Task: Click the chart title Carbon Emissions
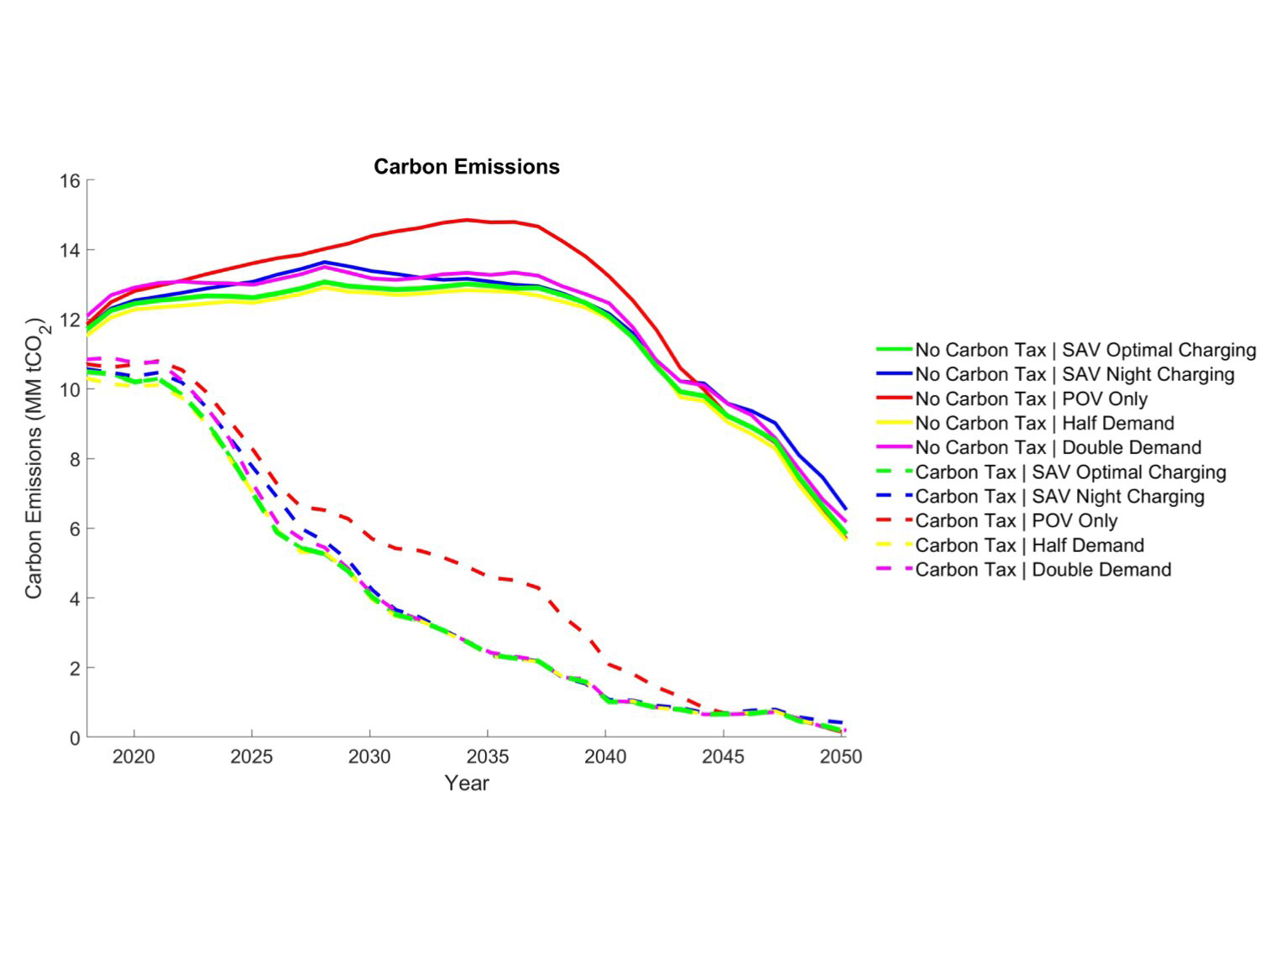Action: (x=466, y=167)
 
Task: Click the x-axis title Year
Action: (x=466, y=783)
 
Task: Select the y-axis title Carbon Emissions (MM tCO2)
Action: (x=34, y=458)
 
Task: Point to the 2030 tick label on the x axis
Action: (x=369, y=757)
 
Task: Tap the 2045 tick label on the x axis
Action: (x=723, y=757)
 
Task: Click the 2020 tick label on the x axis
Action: (x=133, y=757)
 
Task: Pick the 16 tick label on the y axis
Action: (x=71, y=181)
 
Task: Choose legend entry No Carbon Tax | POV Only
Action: (x=1031, y=399)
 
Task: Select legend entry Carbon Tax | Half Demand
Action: (x=1029, y=545)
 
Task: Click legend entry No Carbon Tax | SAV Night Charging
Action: (x=1074, y=374)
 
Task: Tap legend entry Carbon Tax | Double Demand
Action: (x=1043, y=570)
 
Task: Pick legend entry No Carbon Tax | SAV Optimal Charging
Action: (x=1085, y=350)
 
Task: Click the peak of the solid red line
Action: (x=467, y=220)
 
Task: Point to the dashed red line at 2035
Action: (x=488, y=576)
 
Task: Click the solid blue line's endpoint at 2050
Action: (x=844, y=509)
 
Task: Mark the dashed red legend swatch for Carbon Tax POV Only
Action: (x=894, y=521)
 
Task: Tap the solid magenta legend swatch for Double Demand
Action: (x=894, y=447)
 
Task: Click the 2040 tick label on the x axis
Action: (x=605, y=757)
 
